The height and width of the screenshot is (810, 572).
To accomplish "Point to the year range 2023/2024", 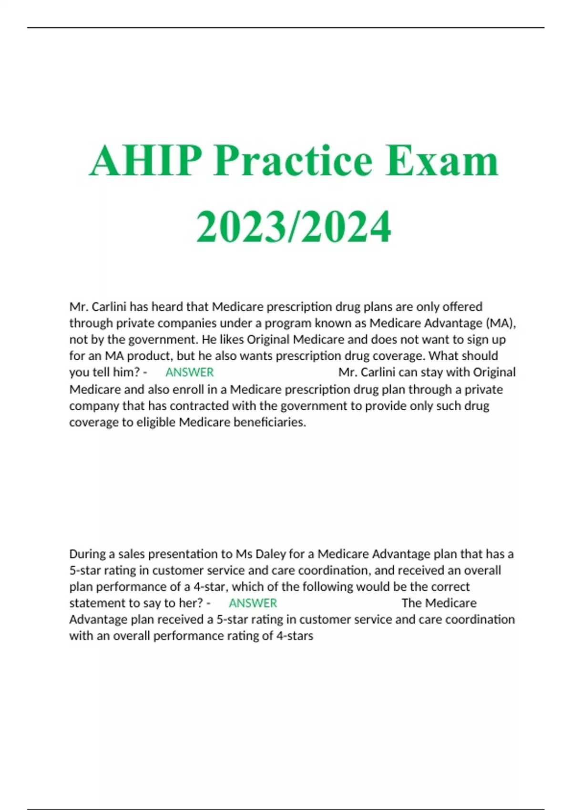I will coord(294,226).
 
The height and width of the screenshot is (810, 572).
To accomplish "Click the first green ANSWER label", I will coord(189,372).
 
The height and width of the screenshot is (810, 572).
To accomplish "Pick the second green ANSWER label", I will coord(253,603).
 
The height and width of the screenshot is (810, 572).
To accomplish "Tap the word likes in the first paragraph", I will coord(230,339).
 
